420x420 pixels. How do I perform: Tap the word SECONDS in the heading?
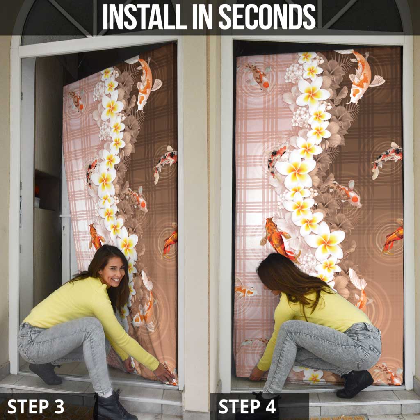267,16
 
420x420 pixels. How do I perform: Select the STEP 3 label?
36,406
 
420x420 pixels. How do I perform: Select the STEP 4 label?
247,406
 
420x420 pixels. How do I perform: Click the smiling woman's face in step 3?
113,273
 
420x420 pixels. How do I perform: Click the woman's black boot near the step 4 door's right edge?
354,384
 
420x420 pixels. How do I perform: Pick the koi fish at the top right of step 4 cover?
363,77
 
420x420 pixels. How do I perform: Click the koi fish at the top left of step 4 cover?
257,76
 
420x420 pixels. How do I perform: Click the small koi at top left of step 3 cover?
77,101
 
